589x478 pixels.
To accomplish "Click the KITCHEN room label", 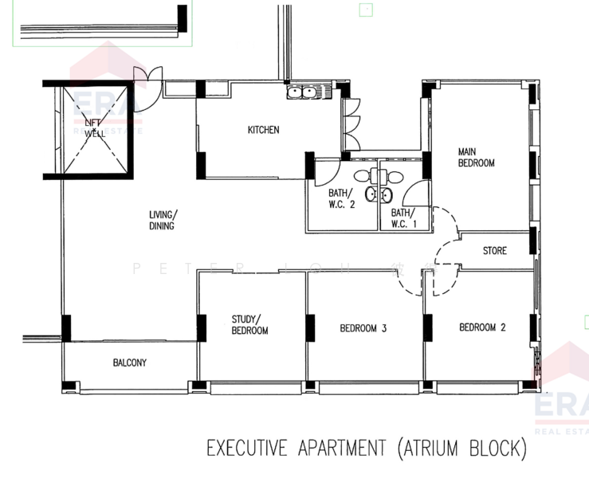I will click(x=263, y=130).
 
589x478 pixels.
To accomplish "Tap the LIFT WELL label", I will click(x=95, y=128).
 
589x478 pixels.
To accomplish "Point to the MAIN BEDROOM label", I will click(x=476, y=157).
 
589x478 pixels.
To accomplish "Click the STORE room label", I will click(x=494, y=251).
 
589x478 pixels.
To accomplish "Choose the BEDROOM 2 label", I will click(x=482, y=327).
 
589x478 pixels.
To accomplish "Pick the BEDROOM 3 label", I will click(x=363, y=327).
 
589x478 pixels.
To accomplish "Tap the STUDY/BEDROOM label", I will click(x=249, y=324).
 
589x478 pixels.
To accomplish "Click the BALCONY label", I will click(x=129, y=362).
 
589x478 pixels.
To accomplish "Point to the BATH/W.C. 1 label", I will click(x=403, y=218).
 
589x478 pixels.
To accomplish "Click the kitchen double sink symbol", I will click(x=302, y=92).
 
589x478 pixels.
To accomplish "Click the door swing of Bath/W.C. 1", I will click(x=418, y=194).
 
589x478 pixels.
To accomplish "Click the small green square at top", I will click(x=366, y=10).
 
